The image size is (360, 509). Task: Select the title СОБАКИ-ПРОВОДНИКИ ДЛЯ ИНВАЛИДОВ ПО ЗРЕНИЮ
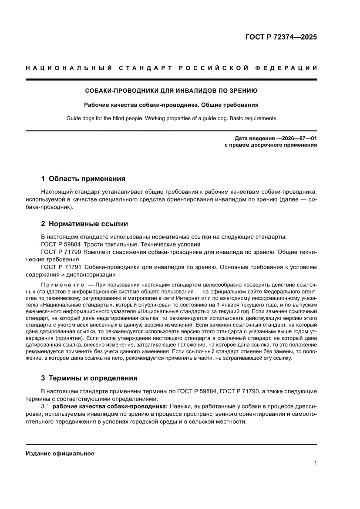[171, 91]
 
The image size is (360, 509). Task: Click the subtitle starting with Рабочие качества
[171, 105]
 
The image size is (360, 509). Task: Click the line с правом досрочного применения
[270, 145]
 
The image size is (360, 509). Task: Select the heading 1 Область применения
[83, 179]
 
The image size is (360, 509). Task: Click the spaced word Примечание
[62, 284]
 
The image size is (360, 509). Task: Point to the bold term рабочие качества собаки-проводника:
[110, 406]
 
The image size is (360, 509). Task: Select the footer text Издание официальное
[60, 453]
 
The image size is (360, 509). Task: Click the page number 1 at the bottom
[315, 463]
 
